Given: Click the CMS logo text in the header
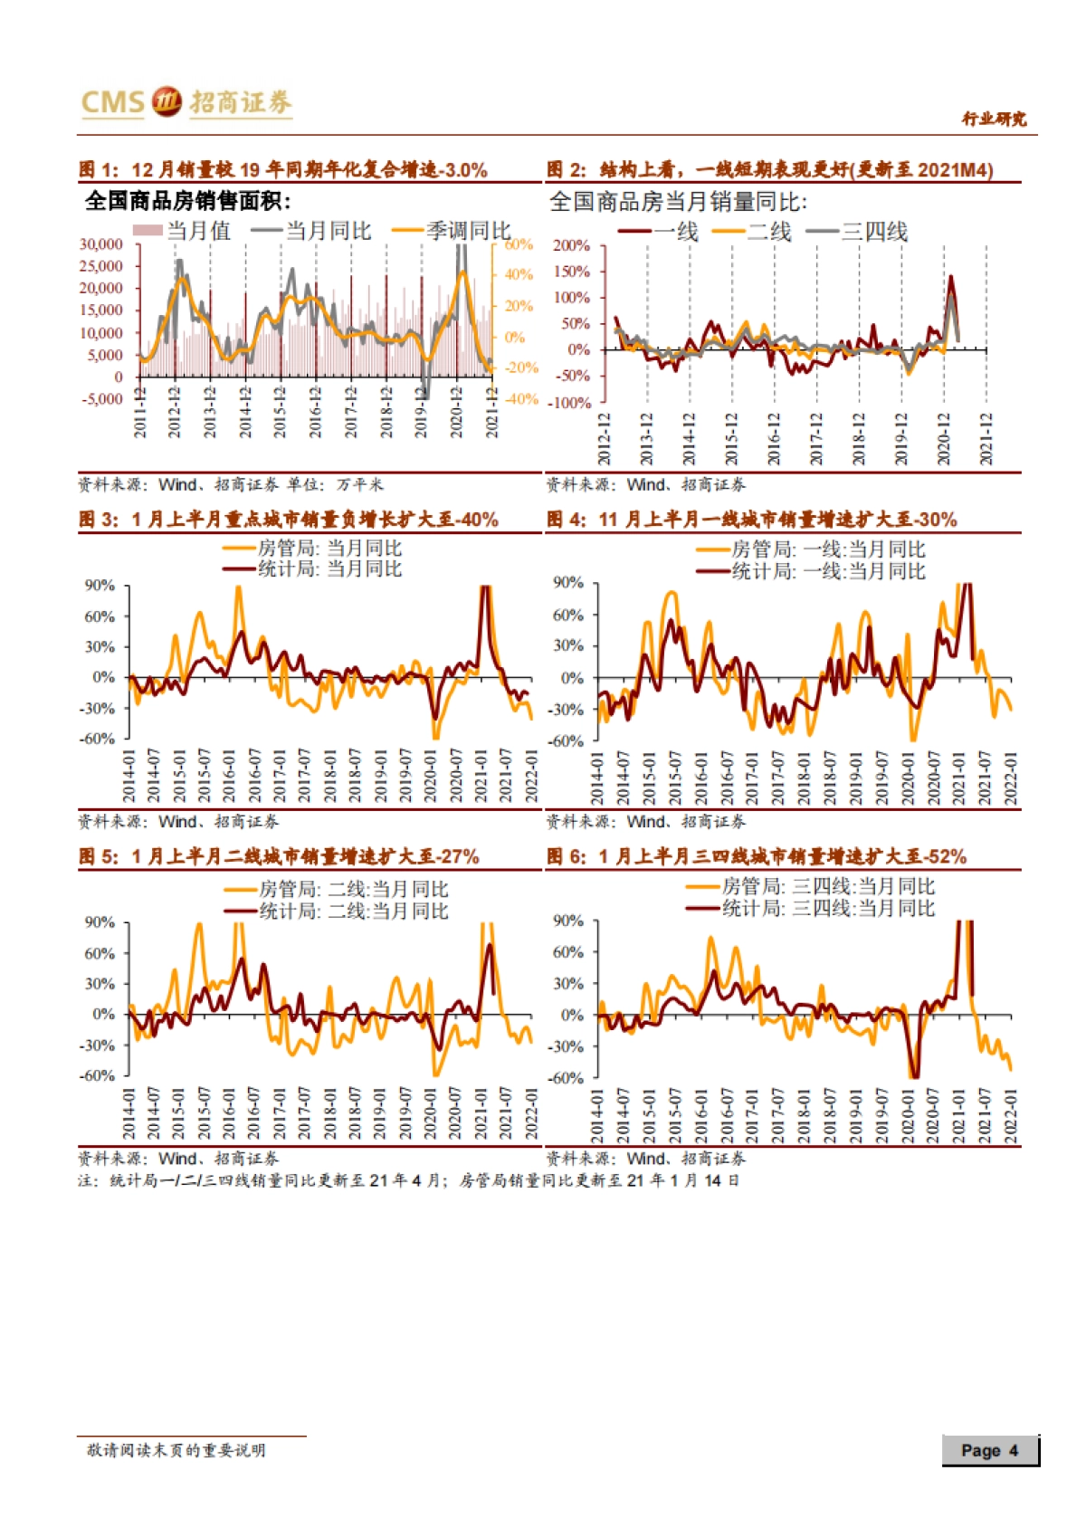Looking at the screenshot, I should point(112,102).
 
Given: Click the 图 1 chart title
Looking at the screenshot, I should point(283,169).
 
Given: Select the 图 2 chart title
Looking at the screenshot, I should point(769,169).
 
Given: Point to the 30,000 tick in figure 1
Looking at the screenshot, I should point(101,244).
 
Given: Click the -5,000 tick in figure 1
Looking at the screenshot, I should point(102,399).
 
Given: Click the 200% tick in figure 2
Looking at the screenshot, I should point(571,245).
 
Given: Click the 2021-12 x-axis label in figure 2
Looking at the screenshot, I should point(986,439).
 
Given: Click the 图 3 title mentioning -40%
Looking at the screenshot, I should point(288,520).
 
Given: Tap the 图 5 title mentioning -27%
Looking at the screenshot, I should point(279,856).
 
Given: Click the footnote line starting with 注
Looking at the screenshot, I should point(408,1180).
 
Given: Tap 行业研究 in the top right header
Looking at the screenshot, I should point(994,119).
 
